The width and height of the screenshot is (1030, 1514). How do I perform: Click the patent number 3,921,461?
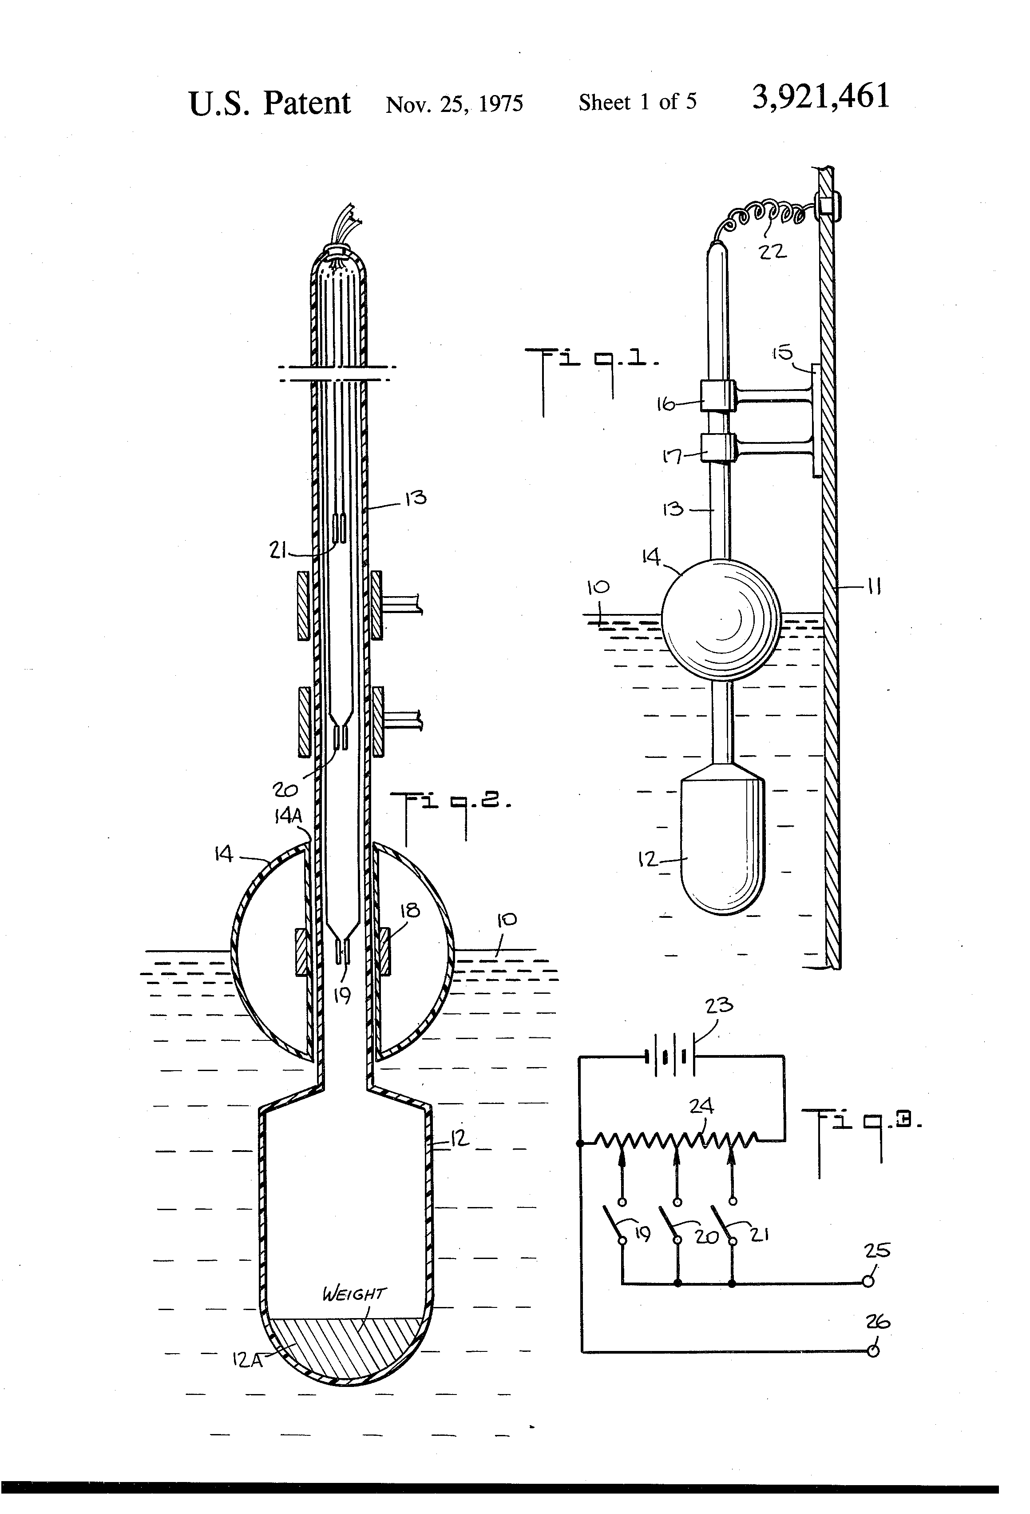820,98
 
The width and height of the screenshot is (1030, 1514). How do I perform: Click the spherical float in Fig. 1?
720,619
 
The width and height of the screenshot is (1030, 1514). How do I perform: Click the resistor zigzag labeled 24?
677,1140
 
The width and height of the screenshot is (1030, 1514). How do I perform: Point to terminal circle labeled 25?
868,1281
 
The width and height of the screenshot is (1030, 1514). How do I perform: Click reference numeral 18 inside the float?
409,910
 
